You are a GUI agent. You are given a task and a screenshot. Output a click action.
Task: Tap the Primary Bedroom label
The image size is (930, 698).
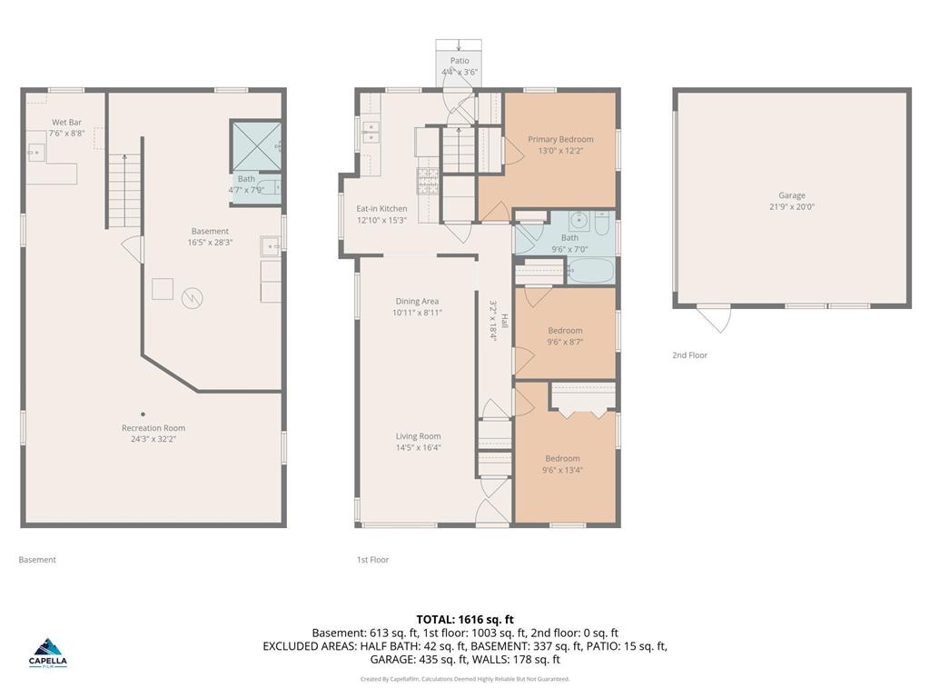560,139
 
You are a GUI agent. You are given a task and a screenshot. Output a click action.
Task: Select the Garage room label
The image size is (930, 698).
791,195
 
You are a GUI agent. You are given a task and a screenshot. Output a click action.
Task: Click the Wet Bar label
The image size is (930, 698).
66,122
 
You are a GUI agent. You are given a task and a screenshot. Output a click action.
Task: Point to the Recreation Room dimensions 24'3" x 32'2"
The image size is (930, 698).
153,439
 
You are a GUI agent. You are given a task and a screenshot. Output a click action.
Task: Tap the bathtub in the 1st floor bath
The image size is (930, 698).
590,271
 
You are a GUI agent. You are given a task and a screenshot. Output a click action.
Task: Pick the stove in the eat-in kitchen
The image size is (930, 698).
429,180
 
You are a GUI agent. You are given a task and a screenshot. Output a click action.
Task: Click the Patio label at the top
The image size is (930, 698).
460,61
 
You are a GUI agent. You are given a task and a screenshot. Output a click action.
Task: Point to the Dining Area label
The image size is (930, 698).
417,302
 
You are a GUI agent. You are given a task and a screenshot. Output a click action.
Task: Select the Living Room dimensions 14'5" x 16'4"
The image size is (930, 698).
418,447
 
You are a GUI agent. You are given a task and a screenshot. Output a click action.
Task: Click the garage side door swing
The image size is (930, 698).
714,319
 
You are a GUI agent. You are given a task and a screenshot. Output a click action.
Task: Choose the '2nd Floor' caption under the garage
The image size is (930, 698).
689,355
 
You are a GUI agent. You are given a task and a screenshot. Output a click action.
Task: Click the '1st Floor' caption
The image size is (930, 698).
372,560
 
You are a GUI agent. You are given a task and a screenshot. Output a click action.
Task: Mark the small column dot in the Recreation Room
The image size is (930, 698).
143,414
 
